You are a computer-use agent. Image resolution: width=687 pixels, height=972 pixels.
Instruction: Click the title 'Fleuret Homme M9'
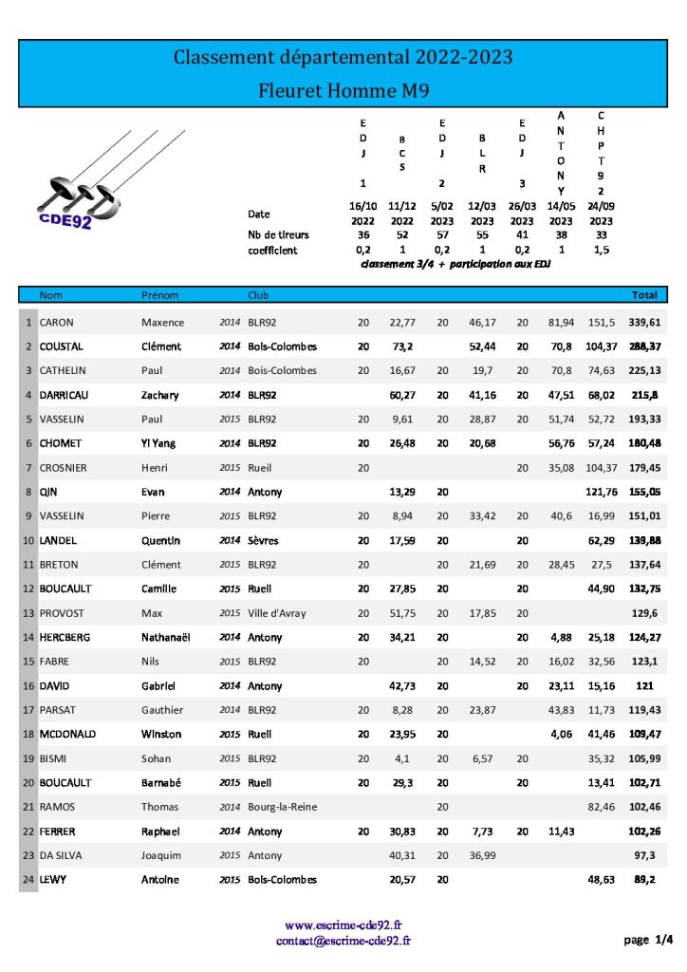pyautogui.click(x=343, y=91)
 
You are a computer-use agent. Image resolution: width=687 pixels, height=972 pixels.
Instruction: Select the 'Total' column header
pyautogui.click(x=644, y=295)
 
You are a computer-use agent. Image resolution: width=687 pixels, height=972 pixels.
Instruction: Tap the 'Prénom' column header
pyautogui.click(x=159, y=295)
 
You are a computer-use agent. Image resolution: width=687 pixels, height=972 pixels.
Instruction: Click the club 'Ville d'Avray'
pyautogui.click(x=277, y=613)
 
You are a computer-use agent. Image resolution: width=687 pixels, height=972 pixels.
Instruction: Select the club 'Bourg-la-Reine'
pyautogui.click(x=283, y=807)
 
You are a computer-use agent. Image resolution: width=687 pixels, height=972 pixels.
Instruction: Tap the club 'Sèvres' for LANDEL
pyautogui.click(x=264, y=540)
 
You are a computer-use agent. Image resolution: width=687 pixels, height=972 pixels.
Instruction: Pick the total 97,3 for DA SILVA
pyautogui.click(x=648, y=855)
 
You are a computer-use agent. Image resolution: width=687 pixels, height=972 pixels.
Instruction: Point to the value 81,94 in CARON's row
pyautogui.click(x=562, y=323)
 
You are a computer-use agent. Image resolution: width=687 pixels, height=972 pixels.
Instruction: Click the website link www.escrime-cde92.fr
pyautogui.click(x=343, y=925)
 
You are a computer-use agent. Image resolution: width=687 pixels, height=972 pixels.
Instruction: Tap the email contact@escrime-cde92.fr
pyautogui.click(x=343, y=940)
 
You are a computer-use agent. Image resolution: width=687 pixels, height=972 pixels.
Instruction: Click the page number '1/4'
pyautogui.click(x=664, y=940)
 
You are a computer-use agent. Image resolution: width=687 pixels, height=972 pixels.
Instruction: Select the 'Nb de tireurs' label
pyautogui.click(x=278, y=234)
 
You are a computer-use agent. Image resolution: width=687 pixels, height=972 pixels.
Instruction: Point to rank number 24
pyautogui.click(x=28, y=880)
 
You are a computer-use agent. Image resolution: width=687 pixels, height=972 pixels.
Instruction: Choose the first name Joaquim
pyautogui.click(x=163, y=855)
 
